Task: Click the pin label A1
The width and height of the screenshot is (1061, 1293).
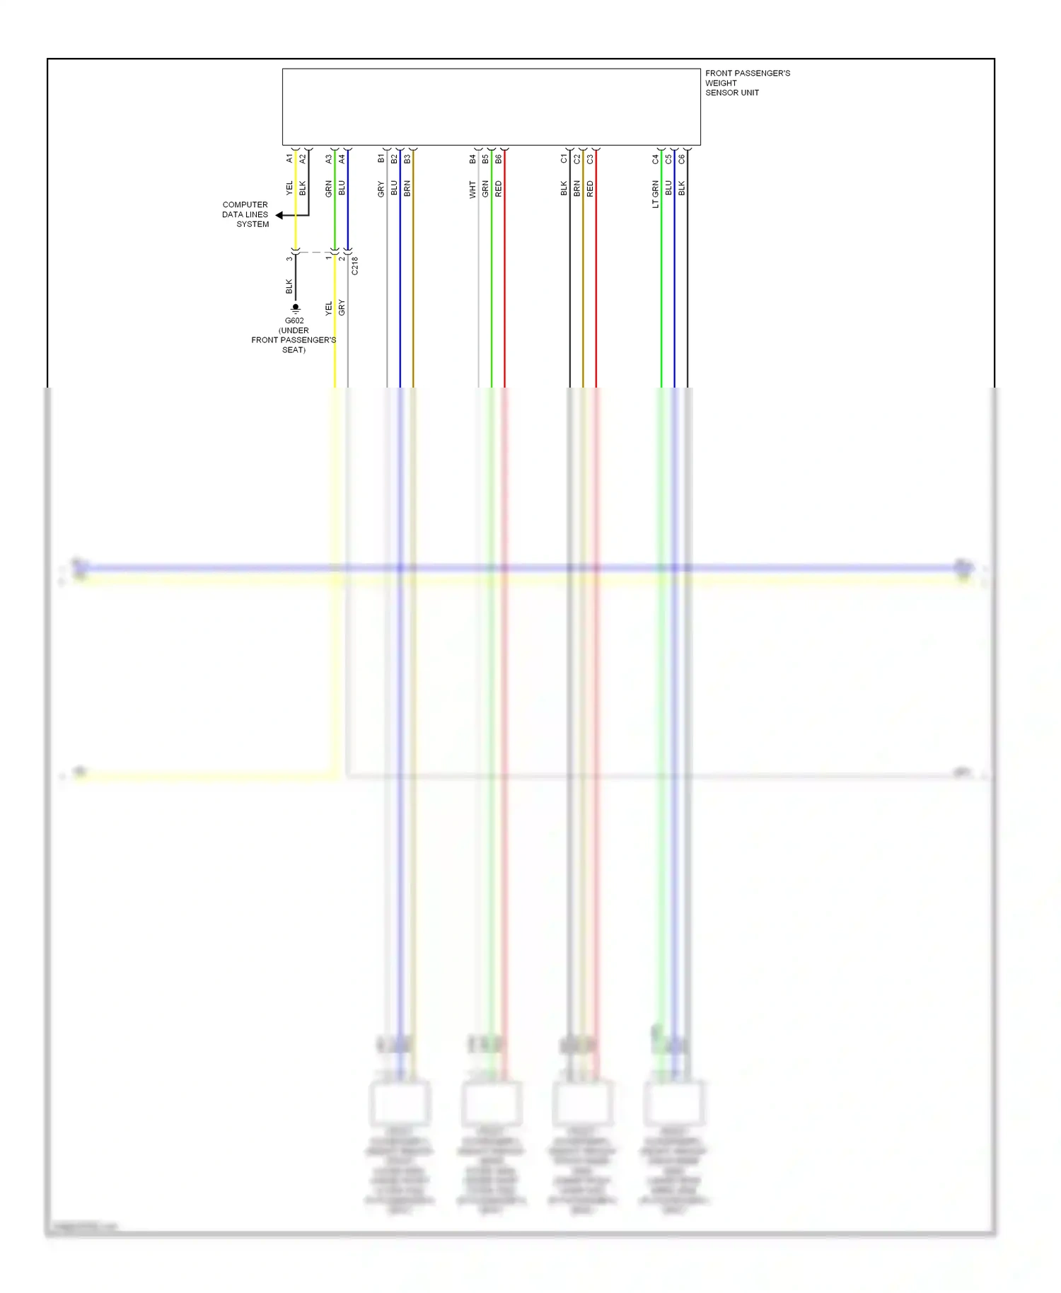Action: tap(289, 158)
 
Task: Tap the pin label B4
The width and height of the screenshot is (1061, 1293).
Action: tap(472, 159)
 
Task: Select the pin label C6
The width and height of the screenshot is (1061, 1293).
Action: tap(682, 159)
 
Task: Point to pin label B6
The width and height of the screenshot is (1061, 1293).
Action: tap(499, 159)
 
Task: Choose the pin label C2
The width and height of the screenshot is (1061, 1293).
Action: tap(577, 159)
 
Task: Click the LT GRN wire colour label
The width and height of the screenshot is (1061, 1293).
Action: tap(656, 194)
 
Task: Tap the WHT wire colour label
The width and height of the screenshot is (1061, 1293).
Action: tap(472, 190)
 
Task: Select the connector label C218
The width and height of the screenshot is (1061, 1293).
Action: tap(354, 266)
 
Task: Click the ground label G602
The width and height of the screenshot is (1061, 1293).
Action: tap(294, 320)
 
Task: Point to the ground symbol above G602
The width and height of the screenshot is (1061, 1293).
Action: tap(296, 308)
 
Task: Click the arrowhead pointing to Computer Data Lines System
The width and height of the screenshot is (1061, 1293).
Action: tap(279, 215)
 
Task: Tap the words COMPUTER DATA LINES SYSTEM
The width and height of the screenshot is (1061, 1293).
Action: tap(245, 214)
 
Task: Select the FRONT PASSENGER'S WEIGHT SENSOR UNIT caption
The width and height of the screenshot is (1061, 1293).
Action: tap(747, 83)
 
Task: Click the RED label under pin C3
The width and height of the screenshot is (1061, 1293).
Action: tap(591, 189)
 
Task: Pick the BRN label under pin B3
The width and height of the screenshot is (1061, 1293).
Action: tap(407, 189)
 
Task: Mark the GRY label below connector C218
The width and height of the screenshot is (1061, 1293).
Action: tap(342, 308)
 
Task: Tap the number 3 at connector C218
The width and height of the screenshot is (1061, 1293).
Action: tap(289, 259)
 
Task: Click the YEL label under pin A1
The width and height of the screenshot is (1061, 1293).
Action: tap(289, 188)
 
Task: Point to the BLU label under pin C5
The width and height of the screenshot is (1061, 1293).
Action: tap(668, 188)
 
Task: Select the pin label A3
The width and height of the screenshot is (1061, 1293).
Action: tap(329, 159)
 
